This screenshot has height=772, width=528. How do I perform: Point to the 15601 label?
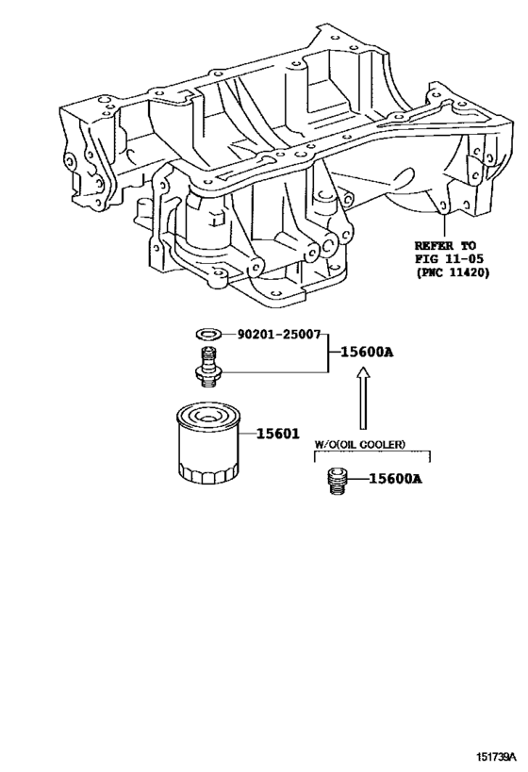[x=279, y=434]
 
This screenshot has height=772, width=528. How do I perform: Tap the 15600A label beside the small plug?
[x=394, y=480]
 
